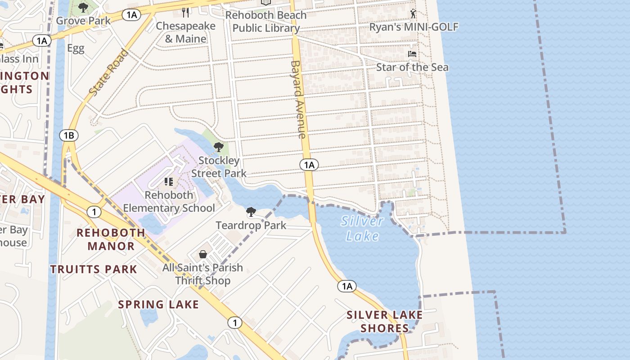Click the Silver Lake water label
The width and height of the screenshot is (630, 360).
click(362, 228)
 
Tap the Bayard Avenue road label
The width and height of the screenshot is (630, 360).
click(298, 99)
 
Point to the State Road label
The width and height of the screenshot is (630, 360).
click(108, 72)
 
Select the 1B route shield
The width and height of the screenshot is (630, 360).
click(68, 135)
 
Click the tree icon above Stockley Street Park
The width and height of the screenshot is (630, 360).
click(218, 147)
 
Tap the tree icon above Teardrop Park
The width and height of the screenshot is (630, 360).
click(251, 212)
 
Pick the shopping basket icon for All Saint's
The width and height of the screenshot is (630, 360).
click(203, 254)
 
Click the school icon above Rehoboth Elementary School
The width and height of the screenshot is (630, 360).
click(169, 182)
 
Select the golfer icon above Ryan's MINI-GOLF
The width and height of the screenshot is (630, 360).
click(413, 14)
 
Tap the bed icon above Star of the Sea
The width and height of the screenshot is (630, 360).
click(412, 54)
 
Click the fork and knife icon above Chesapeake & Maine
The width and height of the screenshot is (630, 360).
click(185, 12)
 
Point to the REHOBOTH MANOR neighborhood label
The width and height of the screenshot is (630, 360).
click(111, 239)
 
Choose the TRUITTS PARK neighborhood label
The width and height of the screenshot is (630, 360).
click(94, 269)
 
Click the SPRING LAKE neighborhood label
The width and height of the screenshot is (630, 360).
click(158, 304)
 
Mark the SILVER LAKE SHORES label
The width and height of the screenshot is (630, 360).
click(385, 321)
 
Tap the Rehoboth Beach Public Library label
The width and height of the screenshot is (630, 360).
click(266, 22)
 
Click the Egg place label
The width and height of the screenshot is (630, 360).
click(76, 49)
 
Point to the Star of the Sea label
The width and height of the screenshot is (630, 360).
click(412, 67)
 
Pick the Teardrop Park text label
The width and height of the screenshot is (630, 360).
click(251, 225)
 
